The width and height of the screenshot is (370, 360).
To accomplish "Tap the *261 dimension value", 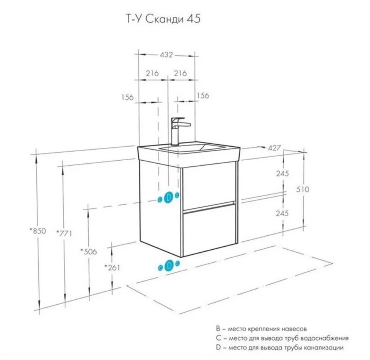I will [x=112, y=268].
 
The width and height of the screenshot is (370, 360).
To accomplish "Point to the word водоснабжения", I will [x=326, y=338].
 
